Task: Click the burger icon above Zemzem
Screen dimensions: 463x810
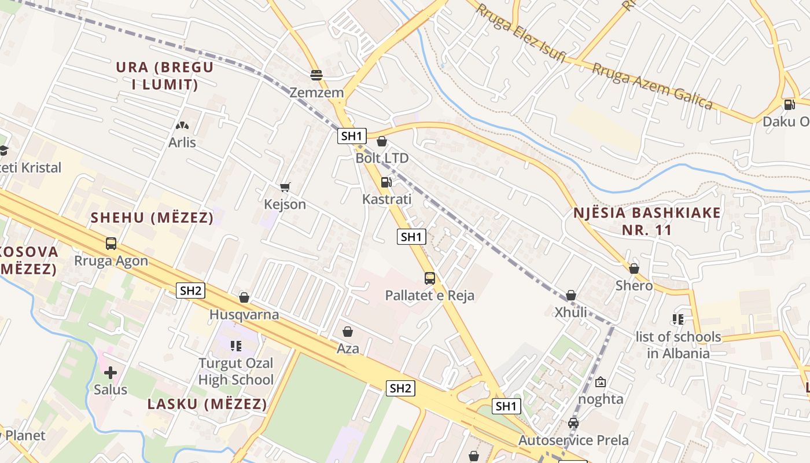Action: pos(316,75)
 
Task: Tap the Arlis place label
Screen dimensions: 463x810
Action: pos(182,142)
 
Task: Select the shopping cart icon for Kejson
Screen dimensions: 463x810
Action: pos(285,187)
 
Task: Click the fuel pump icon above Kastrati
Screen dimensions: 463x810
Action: pos(386,182)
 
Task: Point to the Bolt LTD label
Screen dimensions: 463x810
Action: pos(382,158)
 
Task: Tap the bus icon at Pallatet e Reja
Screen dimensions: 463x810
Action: pos(429,278)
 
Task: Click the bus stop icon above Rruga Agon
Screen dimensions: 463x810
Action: pos(111,244)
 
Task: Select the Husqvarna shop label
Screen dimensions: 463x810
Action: pos(244,315)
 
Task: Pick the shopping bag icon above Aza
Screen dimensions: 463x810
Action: pos(348,332)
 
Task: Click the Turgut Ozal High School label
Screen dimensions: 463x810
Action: pos(236,372)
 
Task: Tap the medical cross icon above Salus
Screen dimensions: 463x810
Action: pos(111,373)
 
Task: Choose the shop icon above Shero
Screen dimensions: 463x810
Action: pos(634,269)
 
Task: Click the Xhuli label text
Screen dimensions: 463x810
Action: pos(571,313)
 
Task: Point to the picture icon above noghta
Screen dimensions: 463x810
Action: pos(601,382)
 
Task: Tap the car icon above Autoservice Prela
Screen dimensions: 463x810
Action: pos(573,423)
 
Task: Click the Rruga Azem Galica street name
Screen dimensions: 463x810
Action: pos(652,86)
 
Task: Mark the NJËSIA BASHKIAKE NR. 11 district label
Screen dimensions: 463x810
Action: pos(647,221)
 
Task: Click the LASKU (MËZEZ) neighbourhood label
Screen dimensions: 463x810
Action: pos(207,404)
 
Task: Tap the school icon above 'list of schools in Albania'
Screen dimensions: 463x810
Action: pos(678,319)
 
